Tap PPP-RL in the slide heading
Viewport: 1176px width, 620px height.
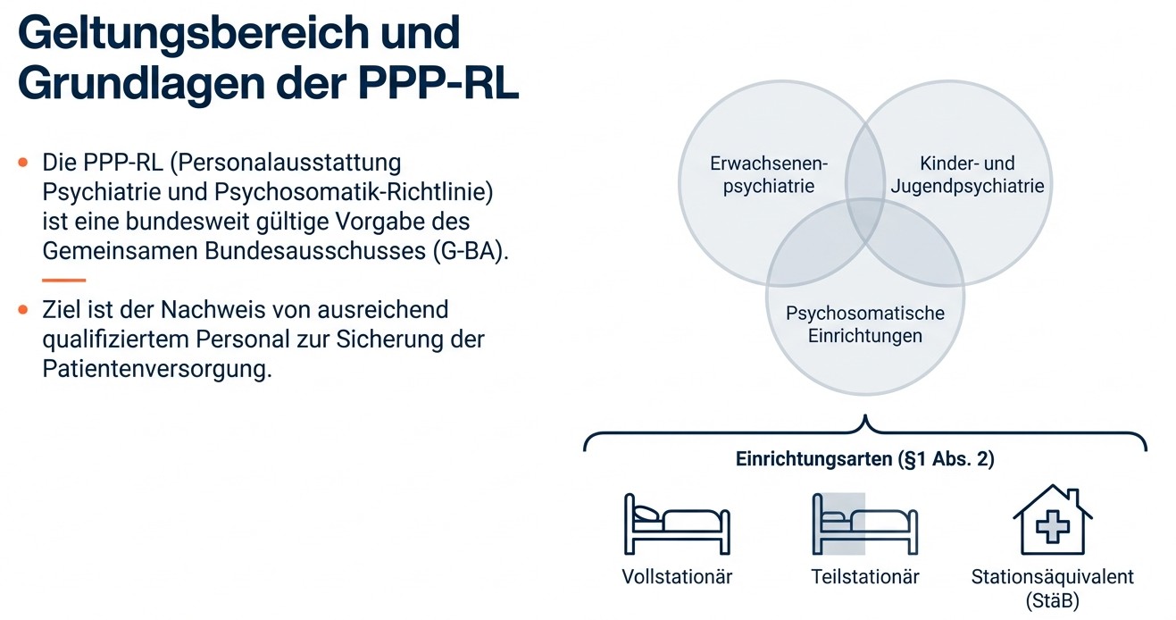coord(438,83)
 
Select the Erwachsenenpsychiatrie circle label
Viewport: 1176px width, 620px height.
coord(769,174)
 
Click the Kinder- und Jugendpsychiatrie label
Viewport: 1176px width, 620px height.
coord(967,174)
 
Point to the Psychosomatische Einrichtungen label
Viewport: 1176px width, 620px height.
coord(864,324)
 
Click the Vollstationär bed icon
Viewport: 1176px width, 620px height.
coord(677,524)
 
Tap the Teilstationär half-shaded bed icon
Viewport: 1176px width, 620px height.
coord(864,524)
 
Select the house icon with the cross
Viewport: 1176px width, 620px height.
coord(1052,519)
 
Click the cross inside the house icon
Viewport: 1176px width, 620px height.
coord(1052,527)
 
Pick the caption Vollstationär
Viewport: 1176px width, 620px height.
coord(677,577)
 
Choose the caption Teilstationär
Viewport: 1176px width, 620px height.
coord(864,577)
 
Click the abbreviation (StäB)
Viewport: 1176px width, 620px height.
coord(1052,600)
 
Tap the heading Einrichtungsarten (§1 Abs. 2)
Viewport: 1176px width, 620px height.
coord(864,459)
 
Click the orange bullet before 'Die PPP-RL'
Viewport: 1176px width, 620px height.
coord(22,163)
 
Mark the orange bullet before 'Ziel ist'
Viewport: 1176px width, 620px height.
coord(22,309)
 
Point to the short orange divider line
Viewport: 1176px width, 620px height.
coord(63,280)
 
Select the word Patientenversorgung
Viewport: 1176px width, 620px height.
coord(157,369)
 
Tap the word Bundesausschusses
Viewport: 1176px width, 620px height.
coord(315,251)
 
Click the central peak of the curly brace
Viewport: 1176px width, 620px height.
coord(865,416)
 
